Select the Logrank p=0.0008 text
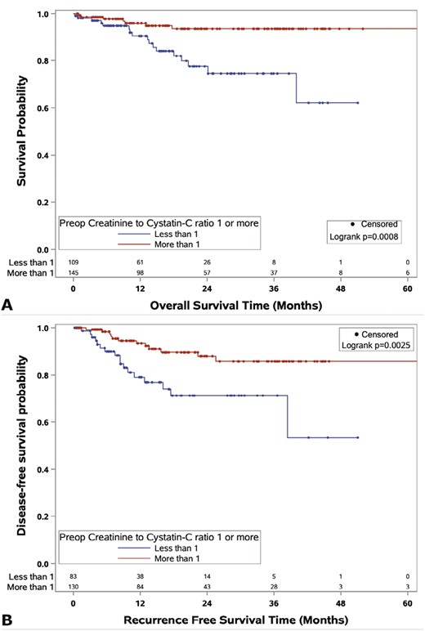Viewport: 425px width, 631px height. [x=371, y=238]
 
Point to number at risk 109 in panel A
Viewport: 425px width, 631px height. [x=74, y=261]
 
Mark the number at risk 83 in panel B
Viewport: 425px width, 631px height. [x=74, y=575]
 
